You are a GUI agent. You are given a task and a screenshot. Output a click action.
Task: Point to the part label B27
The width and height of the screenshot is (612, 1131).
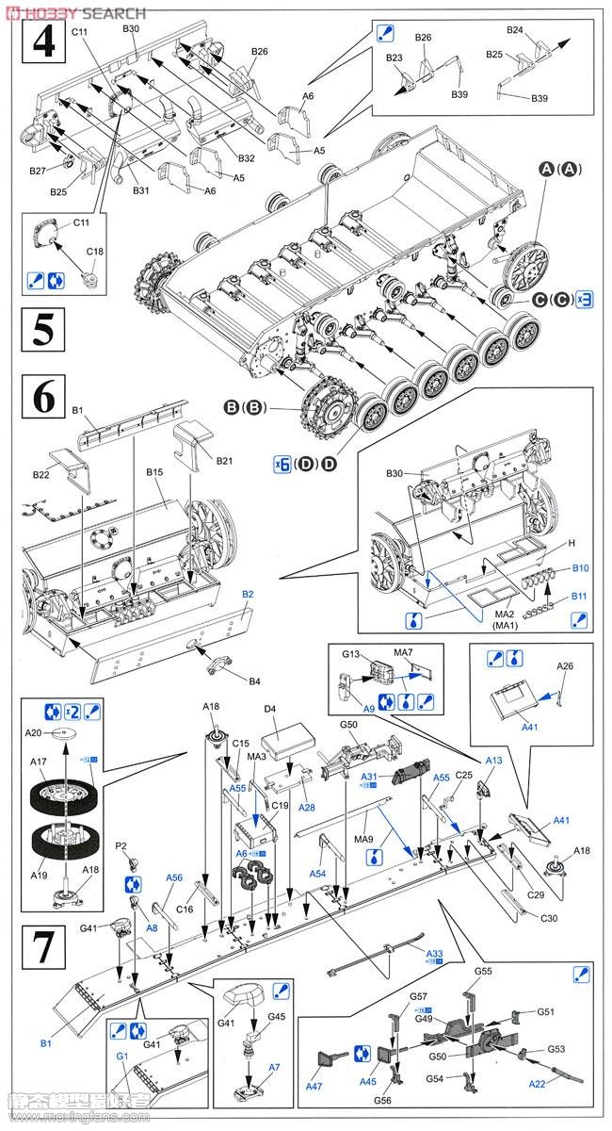pyautogui.click(x=37, y=171)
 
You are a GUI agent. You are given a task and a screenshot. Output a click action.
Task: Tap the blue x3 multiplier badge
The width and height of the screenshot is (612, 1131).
pyautogui.click(x=584, y=301)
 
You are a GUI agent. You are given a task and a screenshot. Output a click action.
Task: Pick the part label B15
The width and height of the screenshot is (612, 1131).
pyautogui.click(x=154, y=471)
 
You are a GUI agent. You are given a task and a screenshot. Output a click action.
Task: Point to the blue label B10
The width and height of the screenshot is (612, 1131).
pyautogui.click(x=580, y=568)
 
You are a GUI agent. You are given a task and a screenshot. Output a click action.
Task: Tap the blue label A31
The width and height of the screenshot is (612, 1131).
pyautogui.click(x=370, y=777)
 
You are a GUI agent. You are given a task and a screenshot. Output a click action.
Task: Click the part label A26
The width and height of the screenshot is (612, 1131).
pyautogui.click(x=564, y=665)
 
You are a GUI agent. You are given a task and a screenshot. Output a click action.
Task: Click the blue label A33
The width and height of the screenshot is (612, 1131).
pyautogui.click(x=434, y=953)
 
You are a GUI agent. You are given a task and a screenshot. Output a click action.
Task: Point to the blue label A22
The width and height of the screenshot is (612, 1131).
pyautogui.click(x=537, y=1084)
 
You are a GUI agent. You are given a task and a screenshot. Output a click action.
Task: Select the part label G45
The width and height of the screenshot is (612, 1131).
pyautogui.click(x=276, y=1016)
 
